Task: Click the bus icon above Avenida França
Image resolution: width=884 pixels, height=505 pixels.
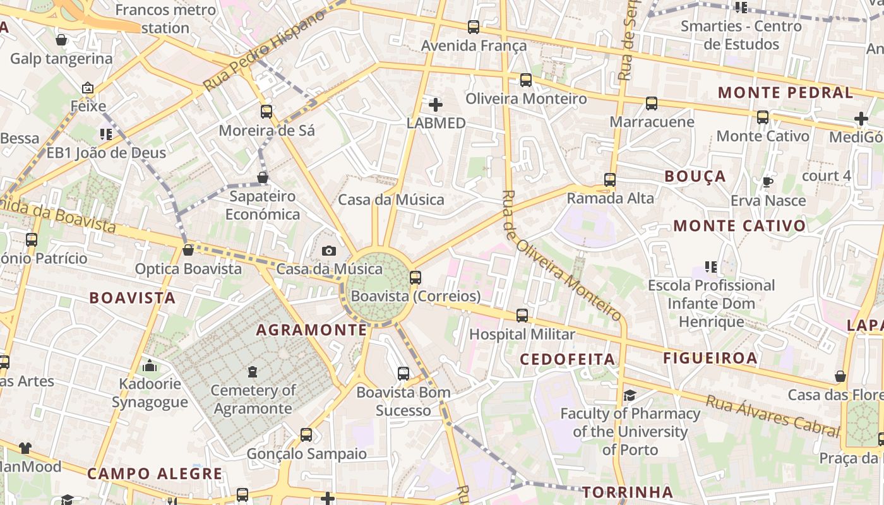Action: click(474, 27)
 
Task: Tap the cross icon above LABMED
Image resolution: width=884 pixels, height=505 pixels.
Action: click(436, 105)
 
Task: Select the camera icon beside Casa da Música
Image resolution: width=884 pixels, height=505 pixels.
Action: click(328, 251)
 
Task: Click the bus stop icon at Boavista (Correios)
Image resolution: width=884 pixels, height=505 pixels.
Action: click(415, 277)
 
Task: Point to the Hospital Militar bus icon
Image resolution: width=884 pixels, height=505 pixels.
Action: click(522, 315)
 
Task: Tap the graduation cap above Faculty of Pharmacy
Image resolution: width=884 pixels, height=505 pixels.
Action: click(630, 395)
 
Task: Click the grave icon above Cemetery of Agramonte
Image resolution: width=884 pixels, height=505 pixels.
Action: click(253, 372)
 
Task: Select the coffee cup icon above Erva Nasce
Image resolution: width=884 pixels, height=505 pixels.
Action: click(767, 182)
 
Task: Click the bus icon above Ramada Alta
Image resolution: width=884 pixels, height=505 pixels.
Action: click(609, 179)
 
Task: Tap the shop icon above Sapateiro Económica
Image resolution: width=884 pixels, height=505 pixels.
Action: click(263, 177)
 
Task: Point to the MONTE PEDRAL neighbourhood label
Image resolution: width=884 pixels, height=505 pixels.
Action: click(785, 92)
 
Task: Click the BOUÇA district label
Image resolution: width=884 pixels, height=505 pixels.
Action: click(695, 176)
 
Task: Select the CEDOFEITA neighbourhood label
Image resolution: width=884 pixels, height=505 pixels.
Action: click(567, 359)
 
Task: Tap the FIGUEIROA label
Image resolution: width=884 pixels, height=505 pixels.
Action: click(710, 358)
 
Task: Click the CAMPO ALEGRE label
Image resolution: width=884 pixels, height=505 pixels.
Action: click(155, 473)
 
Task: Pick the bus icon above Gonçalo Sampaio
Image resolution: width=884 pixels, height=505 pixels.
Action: click(306, 434)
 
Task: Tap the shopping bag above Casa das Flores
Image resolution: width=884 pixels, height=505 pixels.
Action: click(840, 376)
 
